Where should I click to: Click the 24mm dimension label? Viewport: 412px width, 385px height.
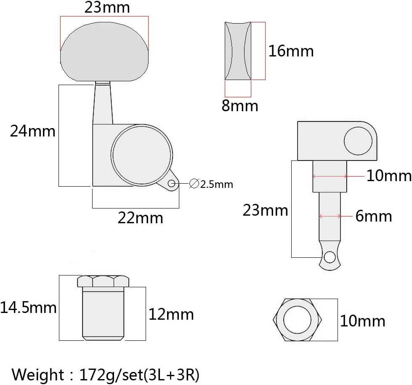(32, 131)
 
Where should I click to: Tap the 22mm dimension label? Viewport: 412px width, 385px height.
(140, 218)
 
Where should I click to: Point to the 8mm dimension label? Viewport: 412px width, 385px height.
(240, 106)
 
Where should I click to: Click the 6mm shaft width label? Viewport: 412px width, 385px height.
(374, 216)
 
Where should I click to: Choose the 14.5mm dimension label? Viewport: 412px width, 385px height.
(28, 307)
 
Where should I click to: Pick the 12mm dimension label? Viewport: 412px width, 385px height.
(171, 314)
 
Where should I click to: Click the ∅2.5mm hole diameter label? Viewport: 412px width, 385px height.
(211, 184)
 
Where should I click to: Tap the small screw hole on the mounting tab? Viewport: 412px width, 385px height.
(171, 183)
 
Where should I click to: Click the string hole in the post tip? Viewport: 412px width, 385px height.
(330, 257)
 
